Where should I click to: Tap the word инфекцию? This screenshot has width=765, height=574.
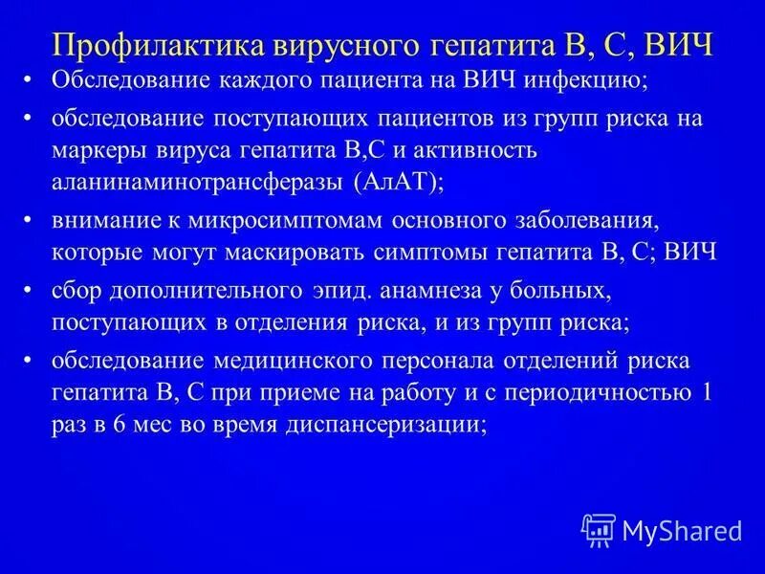coord(587,81)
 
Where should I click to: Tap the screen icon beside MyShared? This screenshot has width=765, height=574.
coord(599,528)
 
